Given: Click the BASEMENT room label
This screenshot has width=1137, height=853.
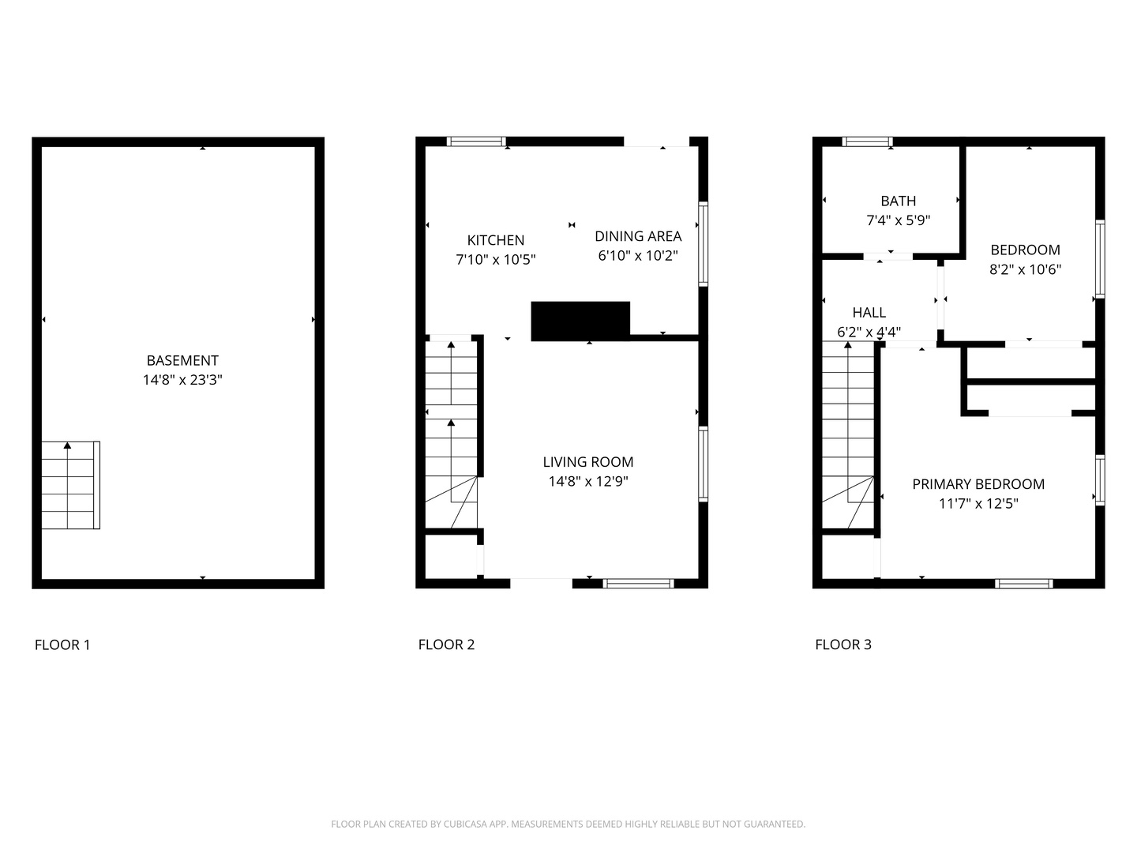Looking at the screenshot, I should coord(182,360).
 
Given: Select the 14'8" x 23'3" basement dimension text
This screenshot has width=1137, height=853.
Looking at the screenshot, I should coord(182,380).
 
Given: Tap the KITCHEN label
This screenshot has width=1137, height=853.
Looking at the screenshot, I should coord(495,240).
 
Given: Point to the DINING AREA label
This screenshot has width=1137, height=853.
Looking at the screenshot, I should coord(638,235).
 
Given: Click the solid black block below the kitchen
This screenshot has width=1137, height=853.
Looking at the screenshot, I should coord(580,321).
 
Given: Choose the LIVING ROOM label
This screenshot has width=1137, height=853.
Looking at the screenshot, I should coord(588,462).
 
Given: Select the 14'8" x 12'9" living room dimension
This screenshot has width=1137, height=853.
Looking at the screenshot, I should coord(588,481).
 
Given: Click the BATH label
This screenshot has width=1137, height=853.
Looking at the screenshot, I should coord(899,201).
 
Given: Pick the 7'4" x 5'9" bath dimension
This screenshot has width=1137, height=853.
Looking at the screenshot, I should coord(899,220).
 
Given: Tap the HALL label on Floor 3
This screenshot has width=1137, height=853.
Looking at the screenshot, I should coord(869,313).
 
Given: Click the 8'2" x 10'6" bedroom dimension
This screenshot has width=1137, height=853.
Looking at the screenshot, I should coord(1025,269).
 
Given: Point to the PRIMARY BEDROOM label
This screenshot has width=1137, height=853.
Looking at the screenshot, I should coord(978,484).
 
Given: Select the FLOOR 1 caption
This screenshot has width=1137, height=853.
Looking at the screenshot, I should coord(62,644).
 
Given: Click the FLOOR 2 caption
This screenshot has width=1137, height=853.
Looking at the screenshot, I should coord(446,644).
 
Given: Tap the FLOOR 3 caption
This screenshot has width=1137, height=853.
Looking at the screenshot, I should coord(843,644).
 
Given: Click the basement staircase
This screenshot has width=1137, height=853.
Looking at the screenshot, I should coord(71,485).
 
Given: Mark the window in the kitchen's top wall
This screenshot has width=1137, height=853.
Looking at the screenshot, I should coord(476,141).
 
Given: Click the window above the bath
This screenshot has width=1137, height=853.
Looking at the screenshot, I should coord(867,142).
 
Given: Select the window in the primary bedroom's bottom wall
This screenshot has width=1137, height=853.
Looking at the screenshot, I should coord(1023,584).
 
